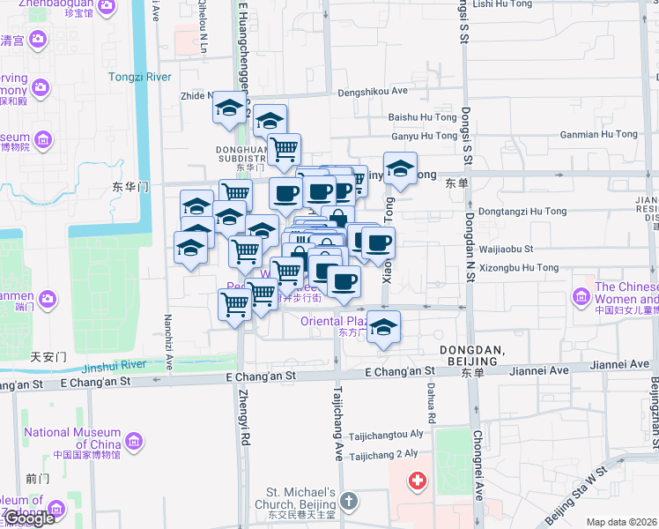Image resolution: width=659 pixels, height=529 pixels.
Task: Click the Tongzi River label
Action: [x=139, y=77]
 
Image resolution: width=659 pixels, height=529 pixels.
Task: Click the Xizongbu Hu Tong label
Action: [x=521, y=267]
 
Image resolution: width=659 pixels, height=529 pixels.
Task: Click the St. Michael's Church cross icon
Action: [x=349, y=502]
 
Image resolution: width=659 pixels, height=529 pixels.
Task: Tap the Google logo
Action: [x=28, y=518]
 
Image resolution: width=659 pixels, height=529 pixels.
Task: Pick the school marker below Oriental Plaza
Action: [x=383, y=327]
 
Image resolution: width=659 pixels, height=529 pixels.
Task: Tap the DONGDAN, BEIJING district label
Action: [x=471, y=357]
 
